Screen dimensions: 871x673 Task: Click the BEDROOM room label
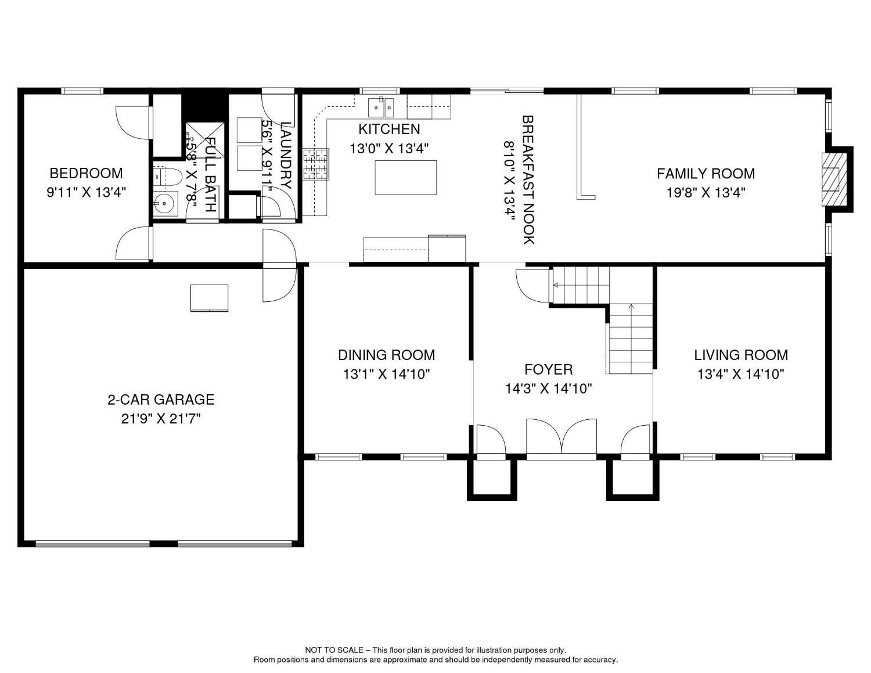[86, 173]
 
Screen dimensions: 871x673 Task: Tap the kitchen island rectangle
[406, 177]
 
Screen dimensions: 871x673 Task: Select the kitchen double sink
[381, 106]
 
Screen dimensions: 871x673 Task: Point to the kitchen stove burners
[316, 164]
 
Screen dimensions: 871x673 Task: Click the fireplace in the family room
[835, 179]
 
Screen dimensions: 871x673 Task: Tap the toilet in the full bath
[168, 177]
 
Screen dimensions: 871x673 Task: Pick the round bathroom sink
[165, 204]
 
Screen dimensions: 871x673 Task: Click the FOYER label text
[549, 369]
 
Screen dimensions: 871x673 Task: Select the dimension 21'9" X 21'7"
[161, 419]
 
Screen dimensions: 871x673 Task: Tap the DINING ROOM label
[386, 355]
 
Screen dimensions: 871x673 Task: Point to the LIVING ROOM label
[741, 355]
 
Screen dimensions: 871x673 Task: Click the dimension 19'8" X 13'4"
[706, 193]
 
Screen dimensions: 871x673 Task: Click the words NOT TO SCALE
[334, 650]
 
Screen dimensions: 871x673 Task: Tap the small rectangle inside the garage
[209, 298]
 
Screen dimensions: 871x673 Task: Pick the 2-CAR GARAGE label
[161, 400]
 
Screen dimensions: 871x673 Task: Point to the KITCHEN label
[389, 129]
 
